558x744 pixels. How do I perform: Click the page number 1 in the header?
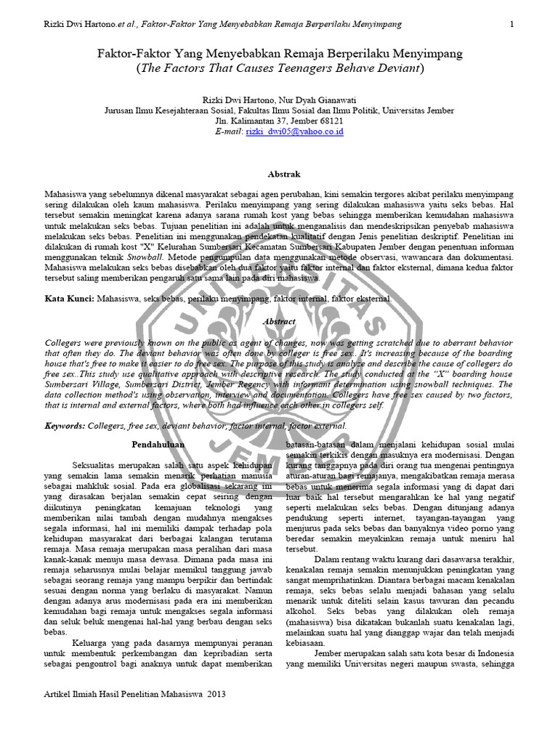pos(512,24)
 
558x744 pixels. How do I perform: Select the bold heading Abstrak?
pos(278,174)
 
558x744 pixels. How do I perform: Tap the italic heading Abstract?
pos(278,321)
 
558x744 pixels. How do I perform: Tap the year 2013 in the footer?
pos(214,694)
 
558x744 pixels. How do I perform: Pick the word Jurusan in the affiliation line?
pos(121,110)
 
